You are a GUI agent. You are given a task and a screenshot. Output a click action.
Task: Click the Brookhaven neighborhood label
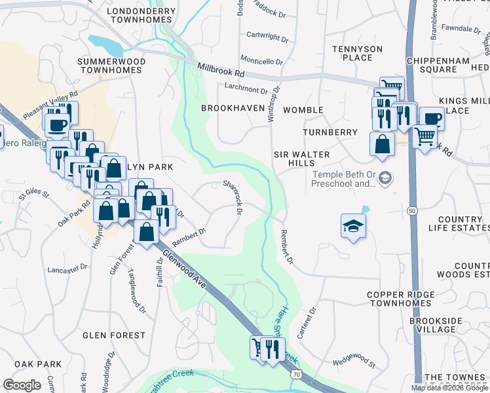tap(233, 107)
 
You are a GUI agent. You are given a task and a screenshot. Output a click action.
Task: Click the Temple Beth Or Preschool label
tap(343, 179)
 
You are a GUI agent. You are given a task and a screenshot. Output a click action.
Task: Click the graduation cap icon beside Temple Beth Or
tap(385, 178)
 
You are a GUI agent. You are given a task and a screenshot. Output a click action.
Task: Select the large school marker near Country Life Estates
tap(353, 227)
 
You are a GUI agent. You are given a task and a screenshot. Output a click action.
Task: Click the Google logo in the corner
tap(22, 384)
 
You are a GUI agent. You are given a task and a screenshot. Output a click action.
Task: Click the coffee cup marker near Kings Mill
tap(432, 119)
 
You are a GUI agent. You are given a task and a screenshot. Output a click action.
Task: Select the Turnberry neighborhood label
tap(330, 132)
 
